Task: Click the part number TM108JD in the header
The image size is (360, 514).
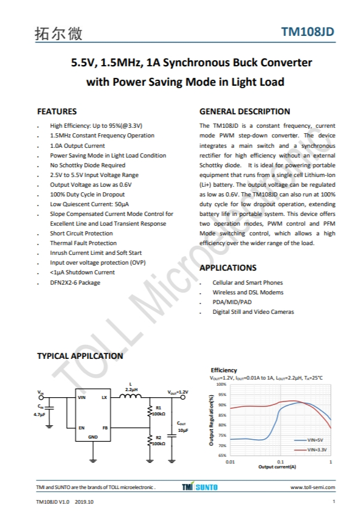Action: (x=308, y=33)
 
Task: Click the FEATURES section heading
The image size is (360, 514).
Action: (x=57, y=111)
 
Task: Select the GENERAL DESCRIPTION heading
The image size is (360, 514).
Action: (x=244, y=111)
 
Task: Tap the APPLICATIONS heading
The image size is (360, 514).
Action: (x=228, y=268)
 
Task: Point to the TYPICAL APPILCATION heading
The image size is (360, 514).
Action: (x=80, y=356)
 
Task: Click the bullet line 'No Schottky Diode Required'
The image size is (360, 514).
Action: (x=88, y=165)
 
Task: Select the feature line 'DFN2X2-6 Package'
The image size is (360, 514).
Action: (x=75, y=282)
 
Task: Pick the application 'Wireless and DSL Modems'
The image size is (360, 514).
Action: (x=247, y=292)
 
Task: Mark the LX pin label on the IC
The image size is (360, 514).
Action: (x=105, y=398)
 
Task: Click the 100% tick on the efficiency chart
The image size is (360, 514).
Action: (x=221, y=384)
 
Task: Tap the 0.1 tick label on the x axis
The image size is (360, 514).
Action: (x=280, y=462)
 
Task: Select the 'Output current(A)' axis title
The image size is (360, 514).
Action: (x=277, y=467)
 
